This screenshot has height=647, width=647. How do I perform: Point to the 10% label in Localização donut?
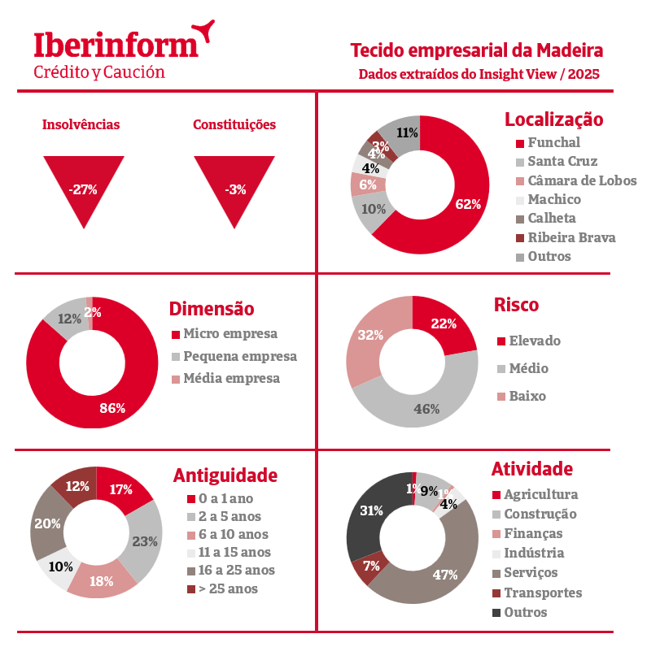click(374, 208)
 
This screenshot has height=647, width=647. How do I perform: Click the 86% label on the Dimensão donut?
click(112, 408)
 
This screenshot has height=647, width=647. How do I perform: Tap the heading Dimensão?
click(212, 309)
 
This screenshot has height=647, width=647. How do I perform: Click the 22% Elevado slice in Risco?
click(444, 323)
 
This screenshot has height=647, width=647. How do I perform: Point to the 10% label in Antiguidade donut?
click(61, 567)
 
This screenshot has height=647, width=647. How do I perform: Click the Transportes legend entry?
click(542, 593)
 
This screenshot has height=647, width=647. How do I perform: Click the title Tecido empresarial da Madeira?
click(477, 50)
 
